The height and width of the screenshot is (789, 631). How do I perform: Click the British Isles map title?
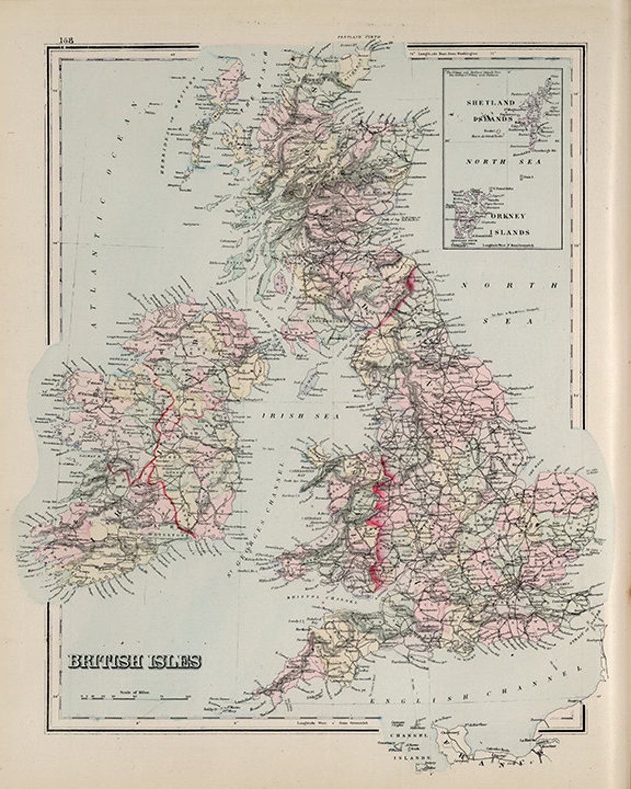coord(135,661)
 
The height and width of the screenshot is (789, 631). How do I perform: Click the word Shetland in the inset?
coord(491,103)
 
